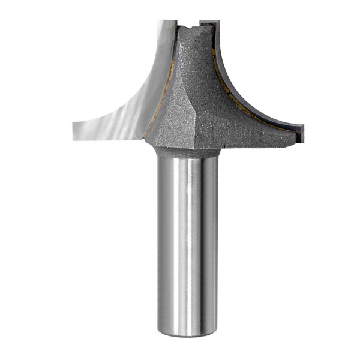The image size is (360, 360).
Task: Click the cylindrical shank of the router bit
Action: point(187,240)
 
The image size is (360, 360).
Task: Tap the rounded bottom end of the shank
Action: point(187,331)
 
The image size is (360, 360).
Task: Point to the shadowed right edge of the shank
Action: point(214,240)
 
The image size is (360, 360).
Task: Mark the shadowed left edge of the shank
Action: point(160,240)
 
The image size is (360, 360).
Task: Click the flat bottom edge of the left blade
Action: point(108,138)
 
